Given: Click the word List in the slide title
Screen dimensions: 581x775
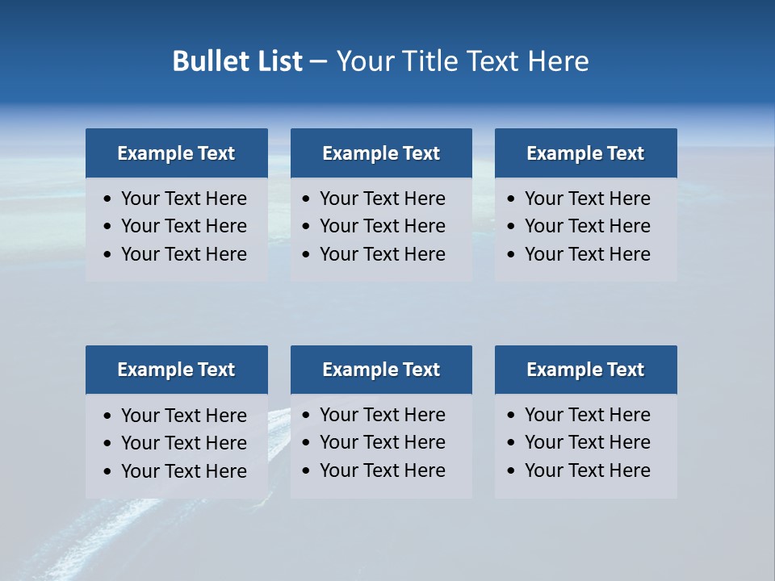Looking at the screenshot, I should (x=279, y=61).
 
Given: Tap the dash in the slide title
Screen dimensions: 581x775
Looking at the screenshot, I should (x=318, y=61).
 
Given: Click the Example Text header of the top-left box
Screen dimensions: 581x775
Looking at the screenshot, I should (x=176, y=153).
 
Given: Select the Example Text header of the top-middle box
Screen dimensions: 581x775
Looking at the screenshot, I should (x=381, y=153).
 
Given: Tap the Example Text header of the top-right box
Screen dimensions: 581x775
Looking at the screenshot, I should (x=585, y=153).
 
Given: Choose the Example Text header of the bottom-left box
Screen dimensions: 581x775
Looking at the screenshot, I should (x=176, y=370).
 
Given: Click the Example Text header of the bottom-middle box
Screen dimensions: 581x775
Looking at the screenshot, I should (x=381, y=370).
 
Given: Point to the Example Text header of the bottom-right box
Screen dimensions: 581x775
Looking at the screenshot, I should (x=585, y=370).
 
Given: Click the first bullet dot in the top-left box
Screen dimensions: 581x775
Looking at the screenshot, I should (x=108, y=199).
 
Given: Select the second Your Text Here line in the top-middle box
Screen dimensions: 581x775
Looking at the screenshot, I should (x=382, y=226).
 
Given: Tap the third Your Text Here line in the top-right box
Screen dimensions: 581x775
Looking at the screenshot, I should (x=587, y=254).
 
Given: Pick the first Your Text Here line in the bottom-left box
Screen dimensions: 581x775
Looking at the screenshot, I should (x=183, y=416).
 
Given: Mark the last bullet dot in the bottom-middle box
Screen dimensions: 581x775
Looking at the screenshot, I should (x=307, y=470).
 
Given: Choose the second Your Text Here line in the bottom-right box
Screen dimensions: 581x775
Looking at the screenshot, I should (x=587, y=442).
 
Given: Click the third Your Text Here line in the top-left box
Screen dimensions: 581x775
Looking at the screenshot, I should (x=183, y=254).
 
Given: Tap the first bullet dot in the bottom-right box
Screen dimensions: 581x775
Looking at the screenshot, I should (x=512, y=416).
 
